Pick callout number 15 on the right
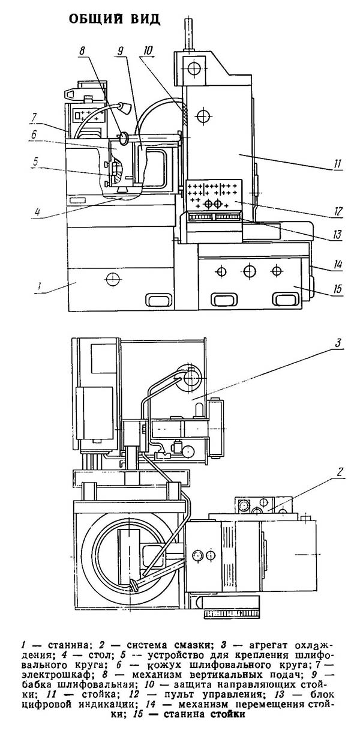pyautogui.click(x=338, y=289)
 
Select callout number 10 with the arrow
pyautogui.click(x=148, y=51)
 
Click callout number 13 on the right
pyautogui.click(x=338, y=235)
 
